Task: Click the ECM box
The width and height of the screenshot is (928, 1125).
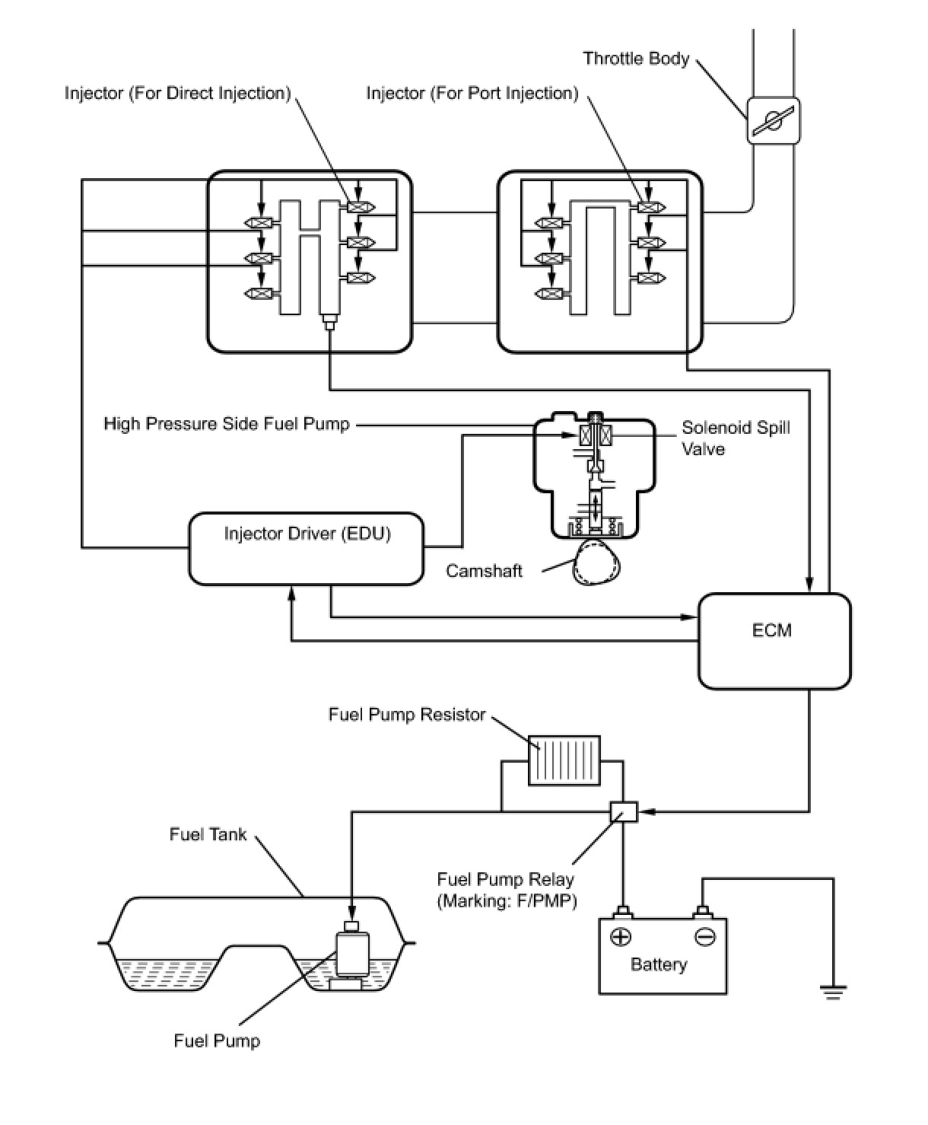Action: click(774, 641)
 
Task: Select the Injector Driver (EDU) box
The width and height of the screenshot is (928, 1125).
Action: click(306, 548)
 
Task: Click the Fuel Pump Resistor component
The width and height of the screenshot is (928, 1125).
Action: click(564, 760)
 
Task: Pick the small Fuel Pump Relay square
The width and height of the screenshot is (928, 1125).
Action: click(624, 812)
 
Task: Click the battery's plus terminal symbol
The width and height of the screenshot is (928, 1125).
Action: click(621, 936)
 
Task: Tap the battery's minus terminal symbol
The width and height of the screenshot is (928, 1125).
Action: click(704, 936)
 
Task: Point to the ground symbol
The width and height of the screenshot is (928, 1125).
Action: click(833, 991)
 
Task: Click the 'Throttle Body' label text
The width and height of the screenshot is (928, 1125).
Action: click(636, 59)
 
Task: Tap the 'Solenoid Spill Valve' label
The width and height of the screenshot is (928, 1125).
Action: click(735, 438)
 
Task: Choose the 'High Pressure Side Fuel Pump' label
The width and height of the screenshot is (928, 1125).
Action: click(227, 424)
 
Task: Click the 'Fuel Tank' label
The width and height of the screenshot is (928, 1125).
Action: click(208, 834)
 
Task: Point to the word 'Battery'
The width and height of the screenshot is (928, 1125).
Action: click(659, 964)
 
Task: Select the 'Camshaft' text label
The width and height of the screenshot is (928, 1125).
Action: click(484, 571)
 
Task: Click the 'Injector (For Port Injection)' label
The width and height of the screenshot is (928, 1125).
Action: click(472, 93)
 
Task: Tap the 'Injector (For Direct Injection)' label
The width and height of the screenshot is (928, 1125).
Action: click(177, 93)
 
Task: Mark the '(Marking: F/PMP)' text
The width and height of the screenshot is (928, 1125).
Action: click(507, 901)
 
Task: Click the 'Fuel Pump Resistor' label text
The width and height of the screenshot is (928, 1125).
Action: click(407, 714)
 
